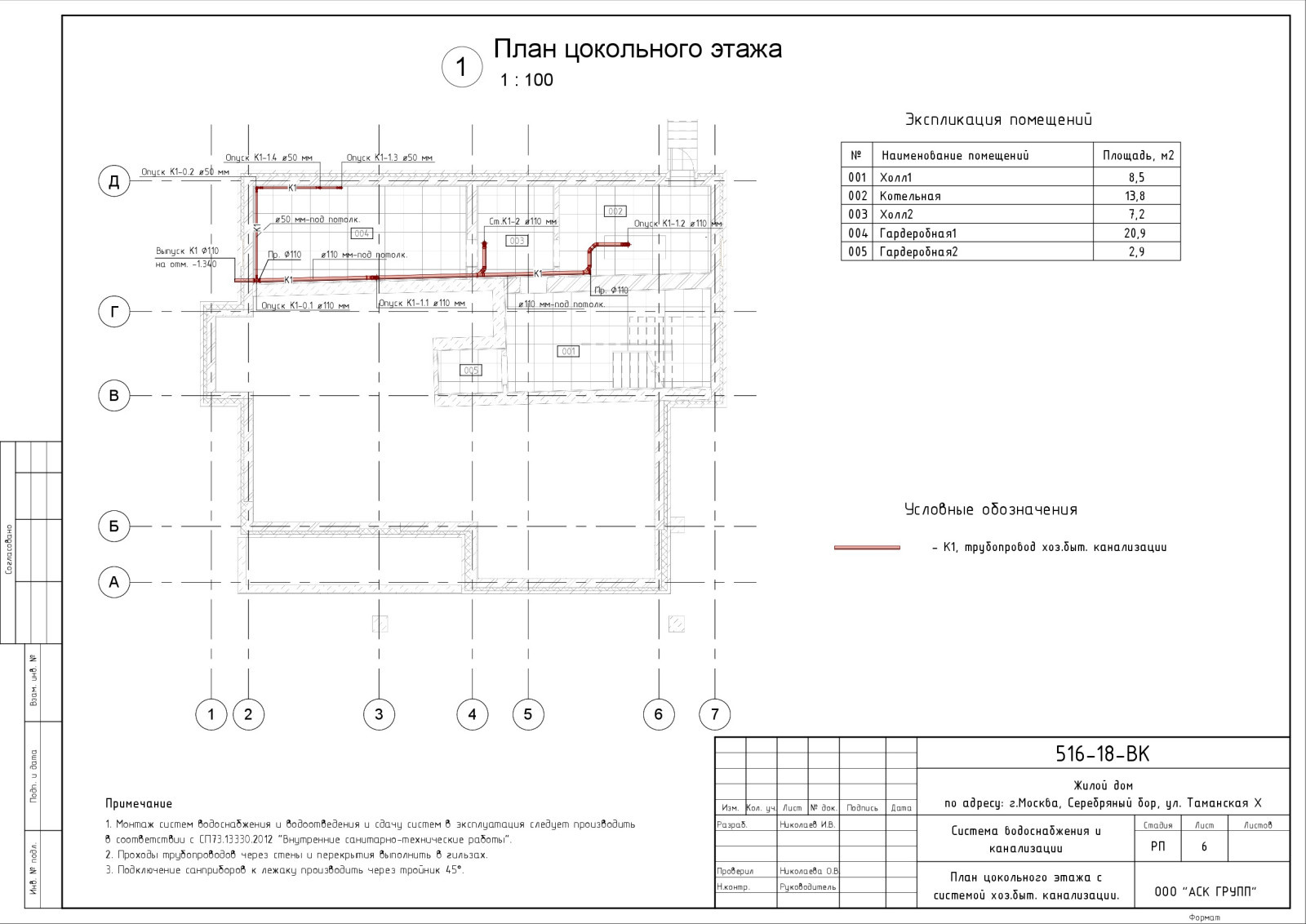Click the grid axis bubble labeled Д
(x=114, y=181)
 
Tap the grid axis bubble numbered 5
(x=528, y=714)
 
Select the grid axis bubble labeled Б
(x=114, y=526)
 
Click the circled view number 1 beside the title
(x=461, y=67)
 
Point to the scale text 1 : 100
(x=526, y=80)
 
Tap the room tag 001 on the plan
(x=568, y=351)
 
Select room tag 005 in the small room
(x=471, y=370)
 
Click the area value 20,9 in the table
(x=1136, y=233)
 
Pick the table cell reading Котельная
(x=910, y=196)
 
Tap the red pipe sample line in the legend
(x=867, y=548)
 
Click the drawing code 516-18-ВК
(x=1103, y=754)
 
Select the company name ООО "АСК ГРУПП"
(x=1206, y=892)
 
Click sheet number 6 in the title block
(x=1204, y=847)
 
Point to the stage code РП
(x=1158, y=847)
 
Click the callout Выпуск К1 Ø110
(x=187, y=251)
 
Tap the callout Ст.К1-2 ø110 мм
(x=522, y=221)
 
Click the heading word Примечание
(x=139, y=804)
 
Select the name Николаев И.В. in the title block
(x=807, y=824)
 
